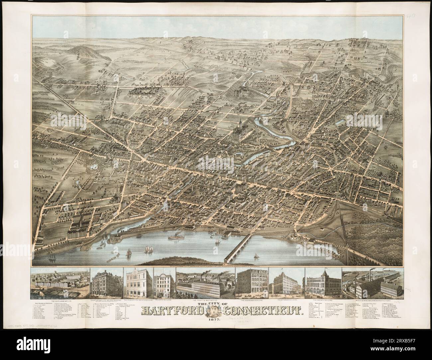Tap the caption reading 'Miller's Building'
(x=164, y=300)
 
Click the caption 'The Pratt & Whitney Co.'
(x=205, y=300)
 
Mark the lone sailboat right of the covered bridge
(x=256, y=256)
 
